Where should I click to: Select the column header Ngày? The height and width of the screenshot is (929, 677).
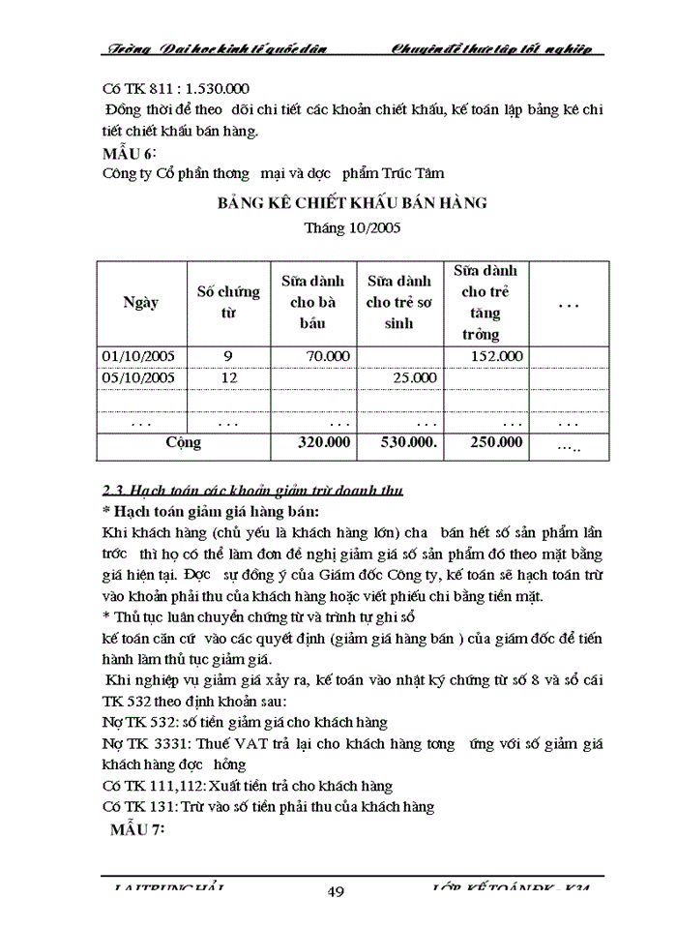tap(140, 301)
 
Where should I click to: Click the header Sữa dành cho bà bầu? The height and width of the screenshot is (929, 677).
tap(314, 301)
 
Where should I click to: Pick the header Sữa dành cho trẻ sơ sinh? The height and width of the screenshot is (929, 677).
tap(399, 301)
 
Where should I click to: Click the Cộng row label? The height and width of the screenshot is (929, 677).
tap(184, 442)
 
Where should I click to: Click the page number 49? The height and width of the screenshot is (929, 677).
tap(337, 892)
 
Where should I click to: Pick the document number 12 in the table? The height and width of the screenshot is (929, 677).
tap(228, 377)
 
